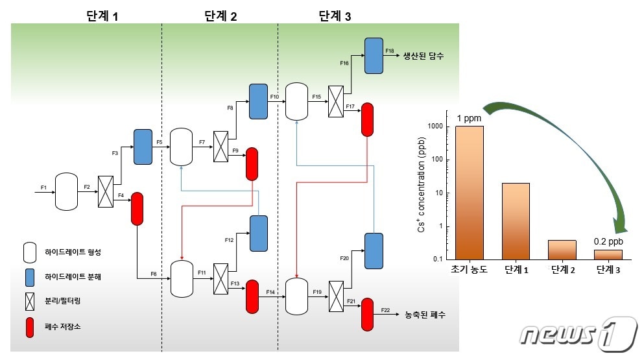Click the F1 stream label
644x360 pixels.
tap(43, 187)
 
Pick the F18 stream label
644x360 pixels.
tap(389, 50)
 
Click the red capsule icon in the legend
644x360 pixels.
tap(29, 328)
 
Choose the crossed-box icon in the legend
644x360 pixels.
tap(29, 302)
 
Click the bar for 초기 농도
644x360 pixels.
tap(469, 192)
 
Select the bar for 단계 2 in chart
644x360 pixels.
tap(562, 249)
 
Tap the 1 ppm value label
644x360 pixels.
tap(468, 119)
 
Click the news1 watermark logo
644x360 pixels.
tap(578, 335)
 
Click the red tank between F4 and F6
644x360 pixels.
tap(137, 209)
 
